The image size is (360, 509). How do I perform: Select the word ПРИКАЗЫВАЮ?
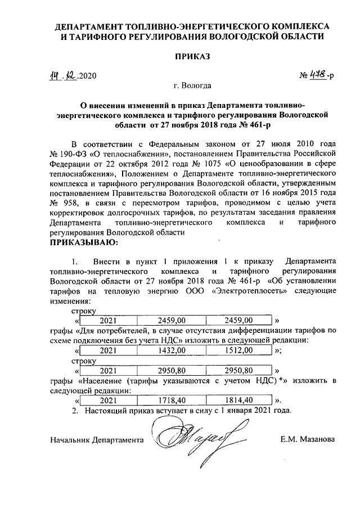pos(85,242)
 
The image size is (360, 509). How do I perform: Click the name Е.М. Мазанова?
pos(308,439)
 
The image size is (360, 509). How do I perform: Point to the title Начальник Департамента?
pos(96,439)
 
